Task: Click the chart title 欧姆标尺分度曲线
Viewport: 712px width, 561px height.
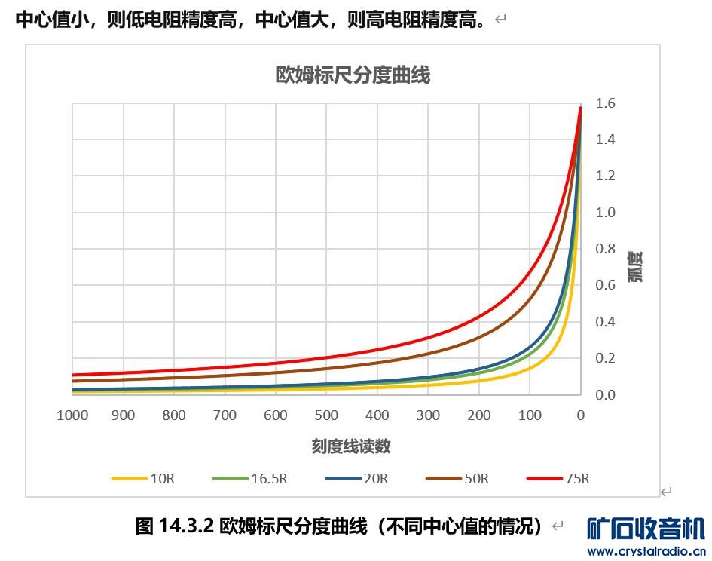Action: pyautogui.click(x=353, y=75)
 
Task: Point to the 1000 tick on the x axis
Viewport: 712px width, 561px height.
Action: pyautogui.click(x=72, y=415)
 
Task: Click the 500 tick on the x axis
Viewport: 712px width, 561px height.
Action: pyautogui.click(x=326, y=415)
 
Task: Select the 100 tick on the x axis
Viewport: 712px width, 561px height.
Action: pyautogui.click(x=530, y=415)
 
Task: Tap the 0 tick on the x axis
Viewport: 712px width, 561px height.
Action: pyautogui.click(x=580, y=415)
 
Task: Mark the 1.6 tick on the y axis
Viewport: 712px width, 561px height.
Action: pyautogui.click(x=605, y=103)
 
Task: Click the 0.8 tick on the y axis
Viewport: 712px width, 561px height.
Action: pyautogui.click(x=605, y=249)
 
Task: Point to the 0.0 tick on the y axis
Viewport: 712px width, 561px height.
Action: pyautogui.click(x=605, y=394)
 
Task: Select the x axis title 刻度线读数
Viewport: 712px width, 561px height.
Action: pyautogui.click(x=351, y=446)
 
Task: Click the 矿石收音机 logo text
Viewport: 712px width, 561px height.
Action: pyautogui.click(x=646, y=529)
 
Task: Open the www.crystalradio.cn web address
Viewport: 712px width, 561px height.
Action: pyautogui.click(x=646, y=551)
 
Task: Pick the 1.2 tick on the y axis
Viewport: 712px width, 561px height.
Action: pyautogui.click(x=605, y=176)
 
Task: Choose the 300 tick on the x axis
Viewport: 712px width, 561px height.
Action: pyautogui.click(x=428, y=415)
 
